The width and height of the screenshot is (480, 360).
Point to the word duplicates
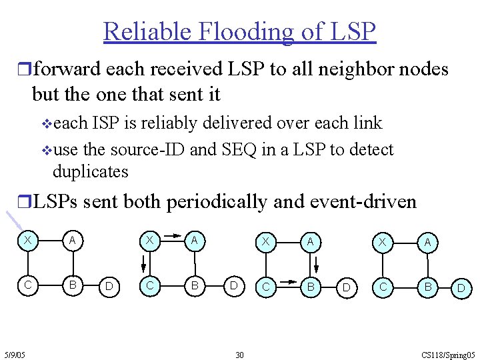(90, 171)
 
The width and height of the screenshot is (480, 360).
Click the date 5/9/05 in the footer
(13, 355)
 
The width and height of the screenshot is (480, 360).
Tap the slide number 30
(239, 355)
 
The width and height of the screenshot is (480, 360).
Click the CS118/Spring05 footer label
(449, 355)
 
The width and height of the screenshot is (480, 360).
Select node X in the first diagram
(27, 241)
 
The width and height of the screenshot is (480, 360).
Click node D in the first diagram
(109, 287)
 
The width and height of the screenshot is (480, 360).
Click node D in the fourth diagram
(461, 289)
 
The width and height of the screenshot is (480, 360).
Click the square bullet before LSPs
(25, 201)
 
